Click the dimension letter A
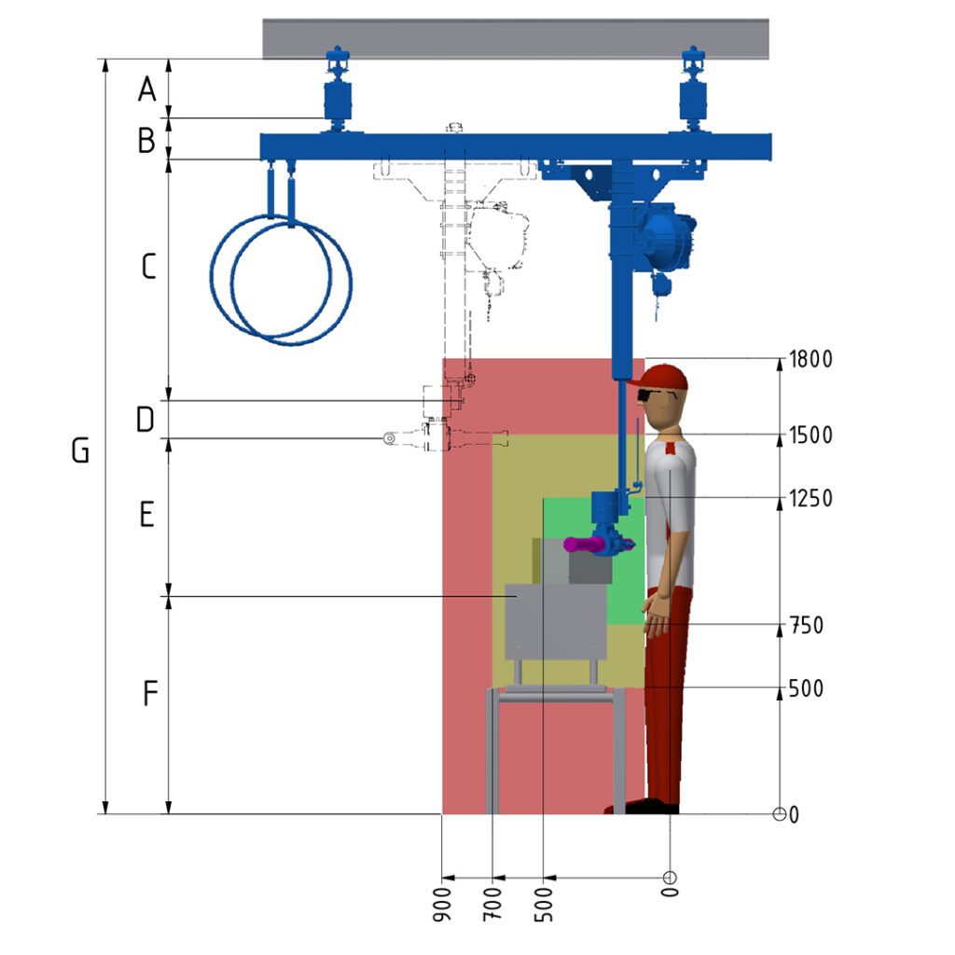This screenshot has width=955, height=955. click(x=146, y=89)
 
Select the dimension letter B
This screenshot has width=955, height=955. click(x=146, y=140)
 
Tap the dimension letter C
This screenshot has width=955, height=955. click(x=148, y=267)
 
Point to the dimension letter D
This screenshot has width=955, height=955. click(x=145, y=420)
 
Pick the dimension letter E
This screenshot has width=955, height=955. click(x=146, y=515)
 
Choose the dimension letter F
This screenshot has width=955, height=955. click(x=150, y=693)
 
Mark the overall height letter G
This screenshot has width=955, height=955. click(x=80, y=450)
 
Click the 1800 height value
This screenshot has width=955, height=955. click(x=810, y=359)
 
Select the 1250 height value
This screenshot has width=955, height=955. click(x=810, y=498)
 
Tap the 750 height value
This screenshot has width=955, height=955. click(x=807, y=626)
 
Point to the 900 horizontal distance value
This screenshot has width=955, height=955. click(x=443, y=904)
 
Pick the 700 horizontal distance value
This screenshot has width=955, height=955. click(x=492, y=904)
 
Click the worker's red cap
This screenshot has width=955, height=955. click(x=663, y=379)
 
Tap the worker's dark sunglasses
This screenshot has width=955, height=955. click(x=648, y=395)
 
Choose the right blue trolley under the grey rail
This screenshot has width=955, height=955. click(x=693, y=90)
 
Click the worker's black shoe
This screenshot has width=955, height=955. click(x=651, y=807)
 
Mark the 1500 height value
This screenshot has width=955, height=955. click(x=810, y=436)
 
